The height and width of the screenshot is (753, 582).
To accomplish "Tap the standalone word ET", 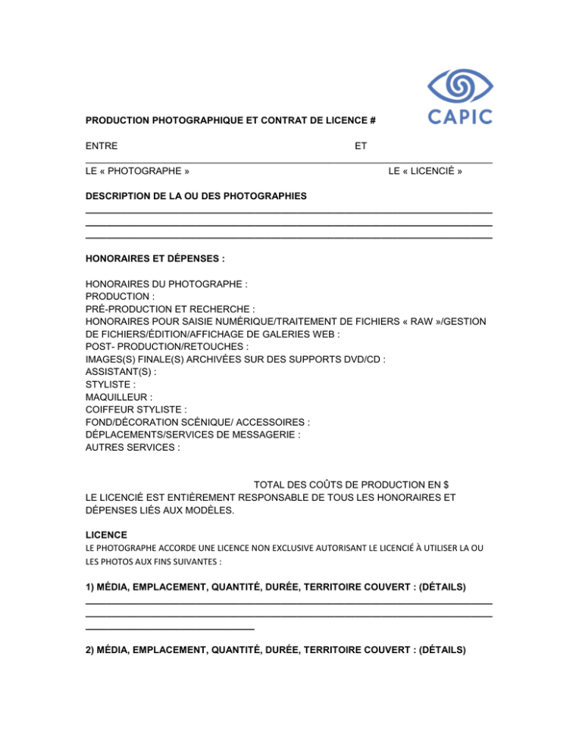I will point(361,145).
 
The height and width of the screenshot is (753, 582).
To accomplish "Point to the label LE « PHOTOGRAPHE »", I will point(137,172).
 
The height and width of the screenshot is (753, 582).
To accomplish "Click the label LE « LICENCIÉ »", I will point(425,172).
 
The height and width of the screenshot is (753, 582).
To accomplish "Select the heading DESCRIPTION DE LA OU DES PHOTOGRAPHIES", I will point(196,196).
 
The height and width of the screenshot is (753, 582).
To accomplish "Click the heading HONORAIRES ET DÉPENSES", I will point(155,258).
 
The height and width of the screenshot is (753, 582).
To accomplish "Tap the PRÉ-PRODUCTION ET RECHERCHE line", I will point(171,309).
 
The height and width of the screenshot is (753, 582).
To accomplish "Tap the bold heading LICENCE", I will point(106,534).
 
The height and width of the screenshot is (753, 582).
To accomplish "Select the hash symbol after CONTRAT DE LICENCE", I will point(374,120).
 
